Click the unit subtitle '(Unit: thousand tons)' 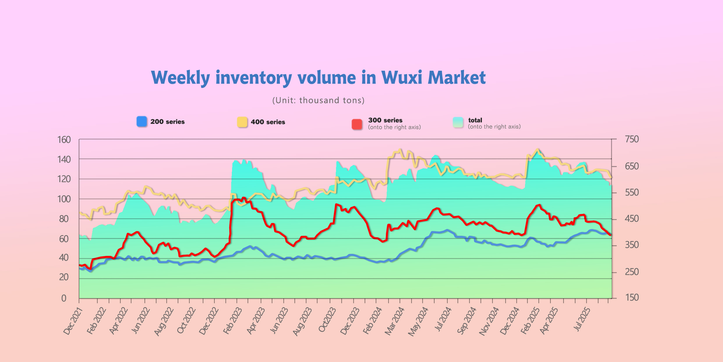pyautogui.click(x=318, y=100)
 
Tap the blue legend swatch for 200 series pyautogui.click(x=142, y=121)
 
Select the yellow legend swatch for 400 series pyautogui.click(x=242, y=122)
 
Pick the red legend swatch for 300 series pyautogui.click(x=357, y=124)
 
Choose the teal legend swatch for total pyautogui.click(x=458, y=123)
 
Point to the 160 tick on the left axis pyautogui.click(x=64, y=140)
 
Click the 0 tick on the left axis pyautogui.click(x=64, y=298)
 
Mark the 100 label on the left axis pyautogui.click(x=64, y=199)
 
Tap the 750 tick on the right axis pyautogui.click(x=632, y=139)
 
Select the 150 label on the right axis pyautogui.click(x=632, y=297)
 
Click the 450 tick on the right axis pyautogui.click(x=632, y=219)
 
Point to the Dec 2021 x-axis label pyautogui.click(x=73, y=321)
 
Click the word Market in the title pyautogui.click(x=457, y=78)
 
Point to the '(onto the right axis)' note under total pyautogui.click(x=494, y=127)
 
